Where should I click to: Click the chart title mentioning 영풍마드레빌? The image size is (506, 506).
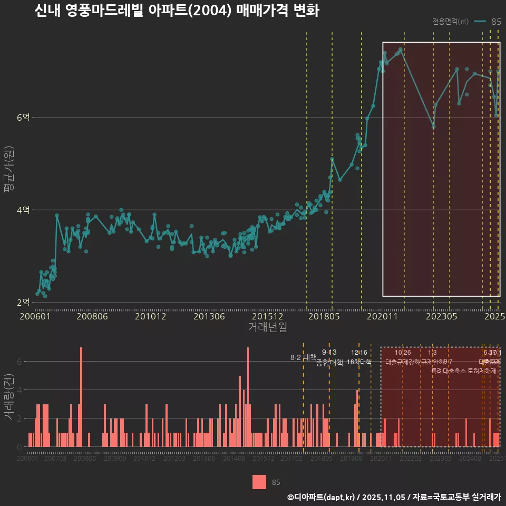177,11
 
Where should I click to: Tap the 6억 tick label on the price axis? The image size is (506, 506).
23,118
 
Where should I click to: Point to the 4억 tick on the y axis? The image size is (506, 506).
23,210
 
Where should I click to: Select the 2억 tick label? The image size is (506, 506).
23,303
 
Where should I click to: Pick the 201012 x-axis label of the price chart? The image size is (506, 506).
150,316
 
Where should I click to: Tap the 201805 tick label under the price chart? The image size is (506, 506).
323,316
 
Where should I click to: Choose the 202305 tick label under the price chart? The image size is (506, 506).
441,316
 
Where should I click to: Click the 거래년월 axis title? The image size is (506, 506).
267,327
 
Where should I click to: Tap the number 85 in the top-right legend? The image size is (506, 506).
496,22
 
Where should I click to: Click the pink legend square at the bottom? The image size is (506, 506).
259,482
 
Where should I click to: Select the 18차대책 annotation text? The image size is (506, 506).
359,362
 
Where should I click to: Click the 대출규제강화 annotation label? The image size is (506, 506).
403,362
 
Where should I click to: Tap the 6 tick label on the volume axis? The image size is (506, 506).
19,362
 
